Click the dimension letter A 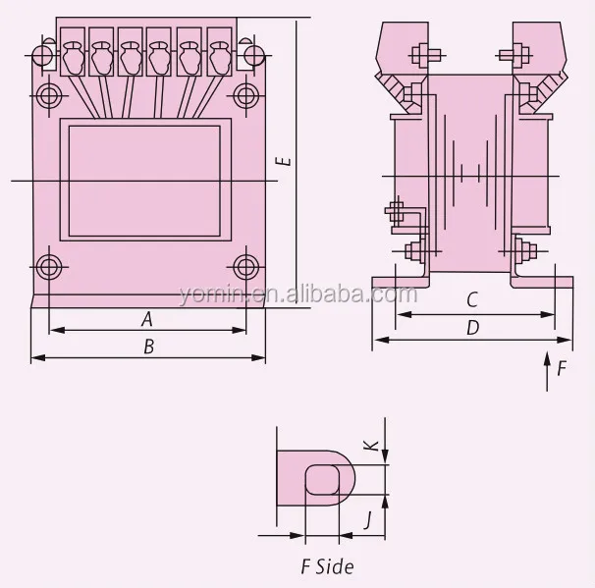(147, 318)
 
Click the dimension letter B (148, 346)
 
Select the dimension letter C (472, 299)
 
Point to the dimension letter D (472, 327)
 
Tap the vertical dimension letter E (283, 161)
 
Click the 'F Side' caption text (326, 566)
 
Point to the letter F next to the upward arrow (562, 370)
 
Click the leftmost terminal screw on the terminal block (73, 58)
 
